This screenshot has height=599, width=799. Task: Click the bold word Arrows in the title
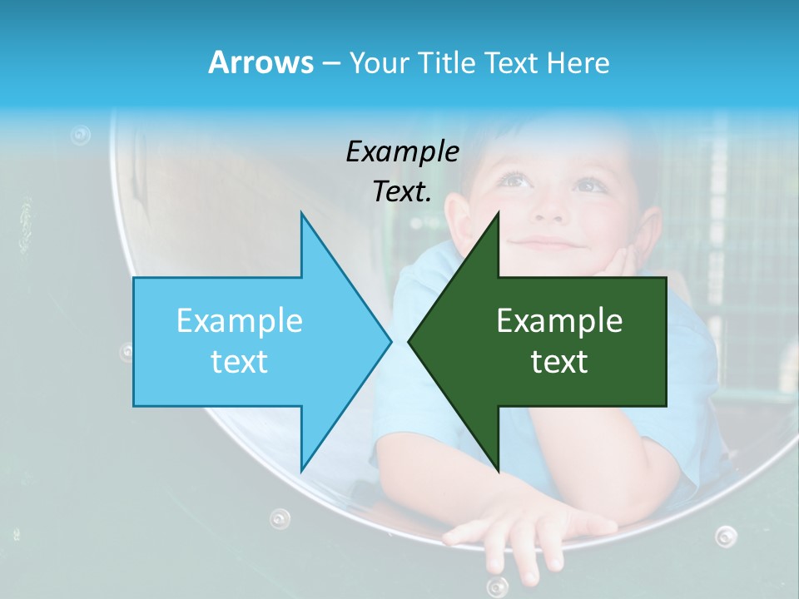(x=261, y=63)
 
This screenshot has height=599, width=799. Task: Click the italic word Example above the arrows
(x=403, y=152)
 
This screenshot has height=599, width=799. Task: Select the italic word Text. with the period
(x=403, y=192)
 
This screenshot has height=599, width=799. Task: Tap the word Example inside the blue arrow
(x=240, y=321)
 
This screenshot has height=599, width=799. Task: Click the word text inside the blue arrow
(x=240, y=362)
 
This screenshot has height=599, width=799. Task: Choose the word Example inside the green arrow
(x=559, y=321)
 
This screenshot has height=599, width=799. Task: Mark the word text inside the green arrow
(x=559, y=362)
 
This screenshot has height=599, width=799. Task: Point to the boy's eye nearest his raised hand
(x=589, y=185)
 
